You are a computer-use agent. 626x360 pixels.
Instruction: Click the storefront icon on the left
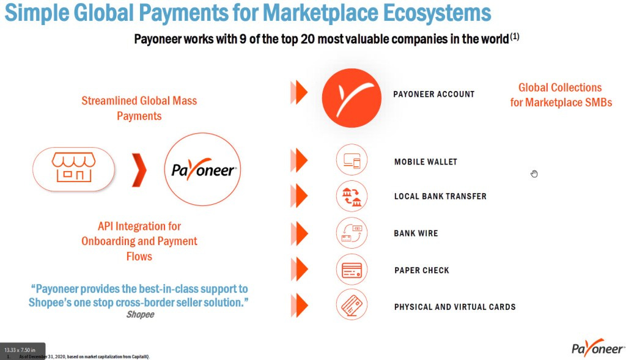coord(73,167)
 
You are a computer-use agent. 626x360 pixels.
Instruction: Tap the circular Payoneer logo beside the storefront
coord(202,169)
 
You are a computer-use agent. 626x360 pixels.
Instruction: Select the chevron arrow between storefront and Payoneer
coord(139,169)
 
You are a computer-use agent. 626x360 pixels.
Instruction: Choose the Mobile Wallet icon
coord(352,161)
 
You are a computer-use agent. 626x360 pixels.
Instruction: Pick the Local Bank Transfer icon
coord(352,196)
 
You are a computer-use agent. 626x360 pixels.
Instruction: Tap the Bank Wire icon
coord(352,233)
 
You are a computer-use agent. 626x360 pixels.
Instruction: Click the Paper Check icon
coord(352,270)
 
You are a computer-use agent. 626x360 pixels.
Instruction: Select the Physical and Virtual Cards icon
coord(352,305)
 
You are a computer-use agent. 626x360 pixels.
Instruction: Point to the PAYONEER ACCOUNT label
coord(433,94)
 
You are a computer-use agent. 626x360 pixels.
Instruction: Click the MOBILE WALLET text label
coord(425,162)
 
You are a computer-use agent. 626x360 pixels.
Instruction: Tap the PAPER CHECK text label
coord(422,270)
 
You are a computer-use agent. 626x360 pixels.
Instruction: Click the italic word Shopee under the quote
coord(140,315)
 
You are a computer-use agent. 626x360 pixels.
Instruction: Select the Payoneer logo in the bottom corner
coord(597,348)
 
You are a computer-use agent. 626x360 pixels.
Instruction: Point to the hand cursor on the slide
coord(534,174)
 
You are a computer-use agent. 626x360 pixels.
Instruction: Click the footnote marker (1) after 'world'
coord(515,37)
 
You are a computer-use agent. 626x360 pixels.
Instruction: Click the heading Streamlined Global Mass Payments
coord(139,108)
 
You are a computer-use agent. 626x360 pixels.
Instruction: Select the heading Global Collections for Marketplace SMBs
coord(561,95)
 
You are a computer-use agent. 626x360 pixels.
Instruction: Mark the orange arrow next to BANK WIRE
coord(299,233)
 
